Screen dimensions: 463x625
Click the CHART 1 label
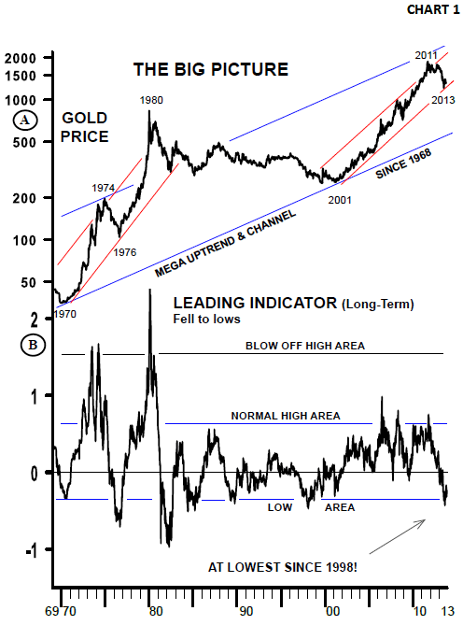pos(433,9)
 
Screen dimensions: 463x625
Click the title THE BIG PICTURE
pos(211,69)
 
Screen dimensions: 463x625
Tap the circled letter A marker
pos(25,120)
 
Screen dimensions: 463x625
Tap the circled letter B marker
pos(33,345)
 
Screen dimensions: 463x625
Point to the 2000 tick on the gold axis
pos(21,59)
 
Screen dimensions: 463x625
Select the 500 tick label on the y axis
pos(24,142)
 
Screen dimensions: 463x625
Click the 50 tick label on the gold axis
pos(28,283)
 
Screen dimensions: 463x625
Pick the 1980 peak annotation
pos(151,100)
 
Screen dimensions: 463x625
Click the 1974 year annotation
pos(103,188)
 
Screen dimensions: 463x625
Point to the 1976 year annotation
pos(125,252)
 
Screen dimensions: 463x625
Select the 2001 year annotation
pos(340,200)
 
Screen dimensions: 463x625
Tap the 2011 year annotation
pos(426,55)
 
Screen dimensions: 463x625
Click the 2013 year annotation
pos(443,100)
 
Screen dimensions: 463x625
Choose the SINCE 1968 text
pos(403,163)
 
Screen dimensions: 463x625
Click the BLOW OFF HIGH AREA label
pos(305,346)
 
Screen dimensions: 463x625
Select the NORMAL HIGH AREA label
pos(286,416)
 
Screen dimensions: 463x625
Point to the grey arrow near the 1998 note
pos(398,536)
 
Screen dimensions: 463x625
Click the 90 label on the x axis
pos(246,611)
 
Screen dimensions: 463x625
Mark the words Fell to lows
pos(206,319)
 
